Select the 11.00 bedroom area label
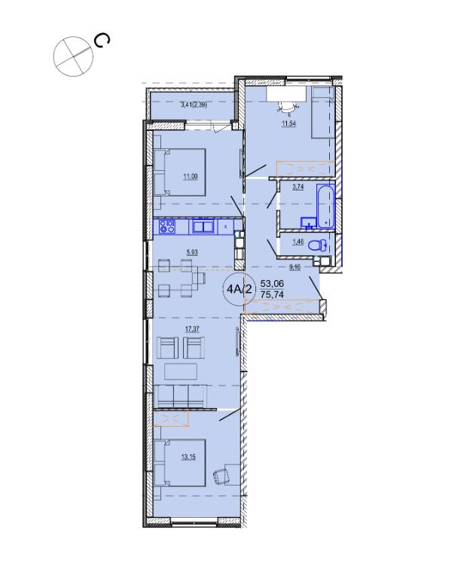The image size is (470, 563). (x=191, y=176)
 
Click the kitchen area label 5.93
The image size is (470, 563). (x=192, y=252)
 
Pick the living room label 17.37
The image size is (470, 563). (x=192, y=328)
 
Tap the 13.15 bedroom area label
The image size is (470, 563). (x=189, y=458)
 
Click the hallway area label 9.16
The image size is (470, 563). (x=295, y=267)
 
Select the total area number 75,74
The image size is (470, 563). (x=272, y=294)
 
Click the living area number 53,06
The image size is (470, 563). (x=272, y=284)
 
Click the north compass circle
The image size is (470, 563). (x=73, y=56)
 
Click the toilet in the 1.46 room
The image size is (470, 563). (x=319, y=245)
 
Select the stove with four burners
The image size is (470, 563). (x=167, y=227)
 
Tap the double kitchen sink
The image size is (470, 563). (x=203, y=227)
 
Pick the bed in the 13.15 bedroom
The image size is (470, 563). (x=180, y=462)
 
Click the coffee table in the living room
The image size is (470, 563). (x=181, y=371)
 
